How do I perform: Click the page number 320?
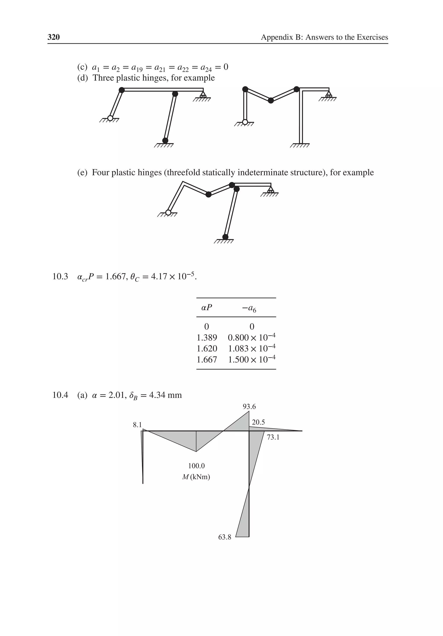(x=54, y=37)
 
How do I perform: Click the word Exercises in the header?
(x=372, y=37)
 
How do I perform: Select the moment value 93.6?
(x=249, y=407)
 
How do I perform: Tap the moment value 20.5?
(x=258, y=422)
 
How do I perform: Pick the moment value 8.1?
(x=137, y=425)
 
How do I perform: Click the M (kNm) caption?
(x=196, y=477)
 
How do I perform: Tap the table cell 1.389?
(x=207, y=337)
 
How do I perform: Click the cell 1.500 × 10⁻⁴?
(x=252, y=359)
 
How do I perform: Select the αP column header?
(x=207, y=307)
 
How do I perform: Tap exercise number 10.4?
(x=60, y=395)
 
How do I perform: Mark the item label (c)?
(x=82, y=67)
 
